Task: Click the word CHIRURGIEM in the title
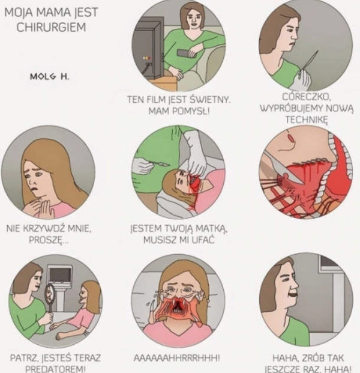51,27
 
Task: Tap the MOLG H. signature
49,77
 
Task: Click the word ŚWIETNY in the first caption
210,99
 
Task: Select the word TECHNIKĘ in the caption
307,119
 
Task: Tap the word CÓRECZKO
307,97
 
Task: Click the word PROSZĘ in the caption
49,240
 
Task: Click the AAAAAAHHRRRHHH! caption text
177,357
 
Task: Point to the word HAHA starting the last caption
284,357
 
